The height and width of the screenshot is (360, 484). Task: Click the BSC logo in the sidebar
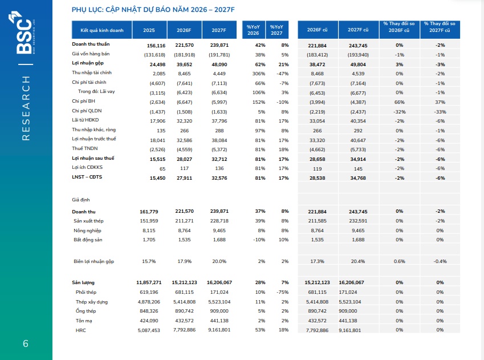tap(22, 33)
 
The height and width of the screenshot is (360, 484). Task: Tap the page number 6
tap(26, 343)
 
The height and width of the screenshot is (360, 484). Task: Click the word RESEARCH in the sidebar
tap(26, 108)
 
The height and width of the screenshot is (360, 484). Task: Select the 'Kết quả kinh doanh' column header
tap(102, 30)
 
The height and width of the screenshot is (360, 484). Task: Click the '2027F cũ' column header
tap(358, 30)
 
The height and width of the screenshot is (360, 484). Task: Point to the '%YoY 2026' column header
tap(253, 30)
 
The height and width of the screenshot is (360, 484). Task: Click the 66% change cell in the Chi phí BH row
tap(400, 102)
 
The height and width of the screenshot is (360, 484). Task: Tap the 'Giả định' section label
tap(81, 200)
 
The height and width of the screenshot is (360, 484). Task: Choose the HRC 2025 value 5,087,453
tap(149, 330)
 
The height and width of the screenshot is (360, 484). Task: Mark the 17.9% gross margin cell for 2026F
tap(184, 261)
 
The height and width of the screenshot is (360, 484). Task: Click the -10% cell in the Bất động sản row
tap(259, 240)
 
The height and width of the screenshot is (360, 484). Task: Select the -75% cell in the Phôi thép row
tap(283, 292)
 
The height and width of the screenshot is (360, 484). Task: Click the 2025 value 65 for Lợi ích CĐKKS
tap(162, 169)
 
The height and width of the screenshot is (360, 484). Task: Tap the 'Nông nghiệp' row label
tap(87, 230)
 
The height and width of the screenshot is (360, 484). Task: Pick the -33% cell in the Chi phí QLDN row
tap(440, 112)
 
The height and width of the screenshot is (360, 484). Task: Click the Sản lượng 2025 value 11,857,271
tap(149, 282)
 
